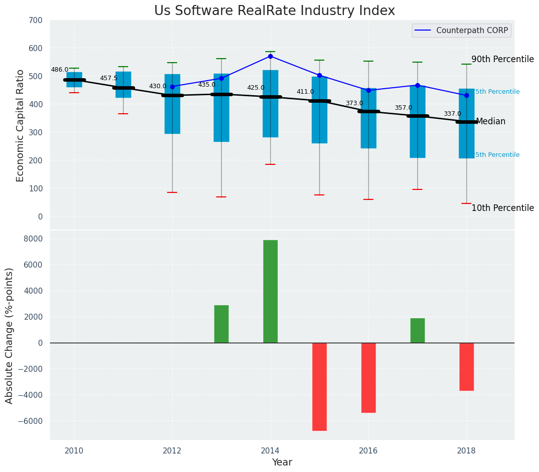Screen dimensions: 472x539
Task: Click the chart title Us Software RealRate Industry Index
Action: click(x=274, y=11)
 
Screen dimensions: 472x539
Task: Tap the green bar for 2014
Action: click(x=270, y=291)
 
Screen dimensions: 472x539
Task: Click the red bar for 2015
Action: click(x=319, y=386)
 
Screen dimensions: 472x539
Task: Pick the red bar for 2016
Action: click(x=368, y=377)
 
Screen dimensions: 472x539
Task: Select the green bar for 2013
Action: click(x=221, y=324)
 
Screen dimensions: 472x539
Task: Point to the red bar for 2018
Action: click(x=466, y=366)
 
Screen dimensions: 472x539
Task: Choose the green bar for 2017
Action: click(x=417, y=330)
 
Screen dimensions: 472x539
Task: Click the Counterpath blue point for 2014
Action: click(x=270, y=56)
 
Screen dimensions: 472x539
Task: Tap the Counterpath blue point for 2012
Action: click(x=172, y=87)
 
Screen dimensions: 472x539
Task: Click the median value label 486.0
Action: click(x=60, y=70)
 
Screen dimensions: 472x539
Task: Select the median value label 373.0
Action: click(x=354, y=103)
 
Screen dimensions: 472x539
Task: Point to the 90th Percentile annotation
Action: click(x=502, y=59)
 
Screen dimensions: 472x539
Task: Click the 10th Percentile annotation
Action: click(x=502, y=208)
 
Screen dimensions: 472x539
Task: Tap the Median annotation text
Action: click(x=490, y=121)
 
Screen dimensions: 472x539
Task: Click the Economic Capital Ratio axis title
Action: click(x=20, y=125)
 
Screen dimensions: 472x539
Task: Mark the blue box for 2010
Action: click(x=74, y=80)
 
